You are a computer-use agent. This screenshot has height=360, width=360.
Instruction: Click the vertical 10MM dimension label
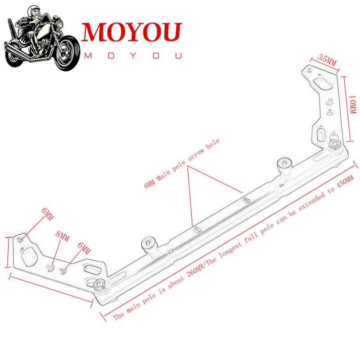click(x=352, y=104)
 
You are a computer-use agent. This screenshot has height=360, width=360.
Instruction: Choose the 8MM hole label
click(x=62, y=237)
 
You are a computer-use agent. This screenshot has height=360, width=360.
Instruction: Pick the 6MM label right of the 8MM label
click(x=84, y=249)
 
